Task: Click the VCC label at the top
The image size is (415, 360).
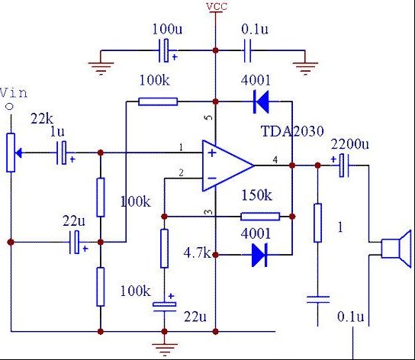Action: [x=216, y=8]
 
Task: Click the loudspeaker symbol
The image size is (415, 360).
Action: [x=396, y=249]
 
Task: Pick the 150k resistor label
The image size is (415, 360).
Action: [x=256, y=196]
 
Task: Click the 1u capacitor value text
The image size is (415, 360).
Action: [x=57, y=131]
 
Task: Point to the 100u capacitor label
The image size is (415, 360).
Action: [x=166, y=28]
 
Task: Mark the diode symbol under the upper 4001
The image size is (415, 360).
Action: [x=261, y=99]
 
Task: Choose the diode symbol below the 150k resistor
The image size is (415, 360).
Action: [x=260, y=255]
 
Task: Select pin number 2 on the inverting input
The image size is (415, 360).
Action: [x=181, y=173]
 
